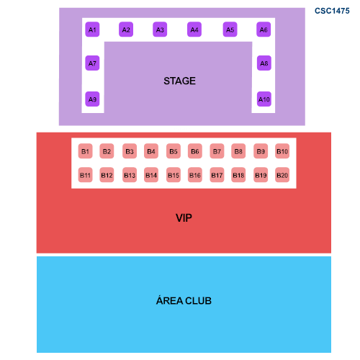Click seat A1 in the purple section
click(x=92, y=30)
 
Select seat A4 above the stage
click(x=194, y=30)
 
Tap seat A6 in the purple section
click(x=264, y=30)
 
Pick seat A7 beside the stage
click(x=92, y=63)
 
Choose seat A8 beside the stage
click(x=264, y=63)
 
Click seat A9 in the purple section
click(x=92, y=99)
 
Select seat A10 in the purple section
click(x=264, y=99)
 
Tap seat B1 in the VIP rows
click(x=85, y=151)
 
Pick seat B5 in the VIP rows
click(x=174, y=151)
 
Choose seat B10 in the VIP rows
click(x=282, y=151)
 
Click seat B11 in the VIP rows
click(x=85, y=175)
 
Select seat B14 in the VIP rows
click(x=151, y=175)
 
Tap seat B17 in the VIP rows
click(x=217, y=175)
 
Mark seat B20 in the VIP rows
click(x=282, y=175)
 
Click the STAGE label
click(x=179, y=81)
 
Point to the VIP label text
click(x=184, y=218)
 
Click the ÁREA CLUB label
click(x=184, y=300)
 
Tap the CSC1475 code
click(x=332, y=11)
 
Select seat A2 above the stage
click(x=126, y=30)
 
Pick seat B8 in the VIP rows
click(x=238, y=151)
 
